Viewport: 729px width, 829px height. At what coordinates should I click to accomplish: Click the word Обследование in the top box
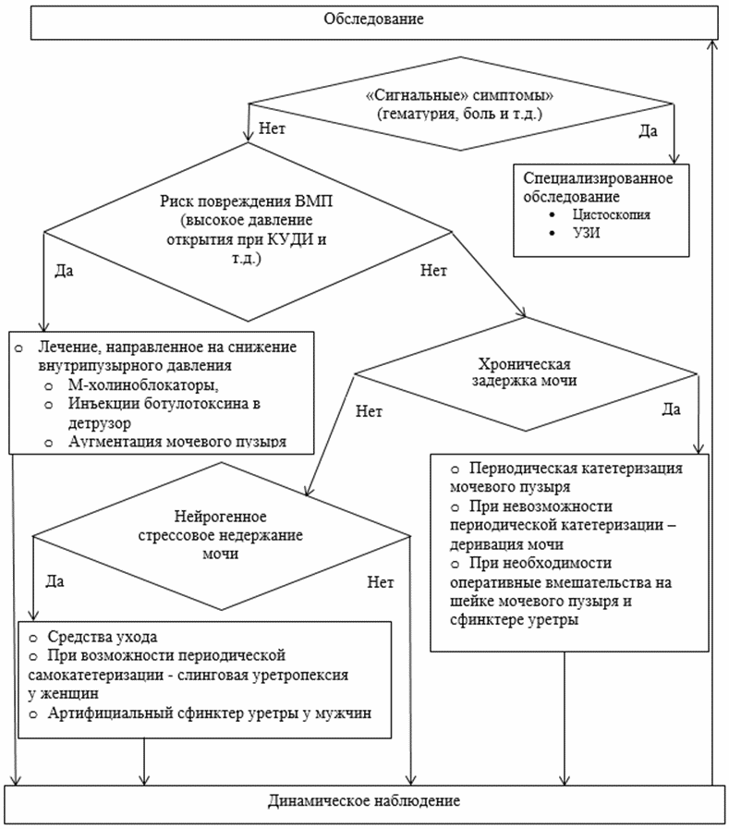click(x=374, y=19)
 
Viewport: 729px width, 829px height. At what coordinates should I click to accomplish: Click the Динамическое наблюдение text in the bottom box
click(x=364, y=800)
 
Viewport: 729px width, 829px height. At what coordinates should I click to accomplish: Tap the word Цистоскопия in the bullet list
click(x=611, y=214)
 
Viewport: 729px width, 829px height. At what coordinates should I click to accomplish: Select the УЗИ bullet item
click(x=587, y=233)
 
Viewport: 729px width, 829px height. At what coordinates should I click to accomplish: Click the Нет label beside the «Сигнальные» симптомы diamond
click(x=272, y=128)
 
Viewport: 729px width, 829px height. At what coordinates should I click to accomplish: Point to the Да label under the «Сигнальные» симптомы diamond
click(x=648, y=131)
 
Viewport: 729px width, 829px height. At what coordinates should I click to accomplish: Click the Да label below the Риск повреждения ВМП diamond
click(x=65, y=271)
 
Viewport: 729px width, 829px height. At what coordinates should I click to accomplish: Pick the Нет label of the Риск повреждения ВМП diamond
click(x=433, y=271)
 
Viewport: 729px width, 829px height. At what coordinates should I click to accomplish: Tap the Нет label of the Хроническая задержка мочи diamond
click(x=369, y=411)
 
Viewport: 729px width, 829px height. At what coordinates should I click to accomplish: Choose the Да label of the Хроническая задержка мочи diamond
click(x=672, y=409)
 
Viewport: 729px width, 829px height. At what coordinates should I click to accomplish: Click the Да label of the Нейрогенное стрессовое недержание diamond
click(x=55, y=581)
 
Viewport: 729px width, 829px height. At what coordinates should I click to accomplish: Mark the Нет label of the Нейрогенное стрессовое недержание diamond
click(x=381, y=582)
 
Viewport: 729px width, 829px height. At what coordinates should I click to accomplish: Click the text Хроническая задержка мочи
click(x=524, y=372)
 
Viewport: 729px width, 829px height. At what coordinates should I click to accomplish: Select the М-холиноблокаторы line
click(x=143, y=384)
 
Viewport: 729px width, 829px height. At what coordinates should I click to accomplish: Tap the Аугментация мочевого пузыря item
click(x=177, y=442)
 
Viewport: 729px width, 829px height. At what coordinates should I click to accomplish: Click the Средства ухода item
click(x=103, y=637)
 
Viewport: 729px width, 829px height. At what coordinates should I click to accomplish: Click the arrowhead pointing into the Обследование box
click(x=712, y=44)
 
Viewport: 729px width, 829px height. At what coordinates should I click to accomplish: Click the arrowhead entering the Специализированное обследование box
click(x=674, y=159)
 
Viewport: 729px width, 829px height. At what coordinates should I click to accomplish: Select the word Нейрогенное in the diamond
click(x=221, y=517)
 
